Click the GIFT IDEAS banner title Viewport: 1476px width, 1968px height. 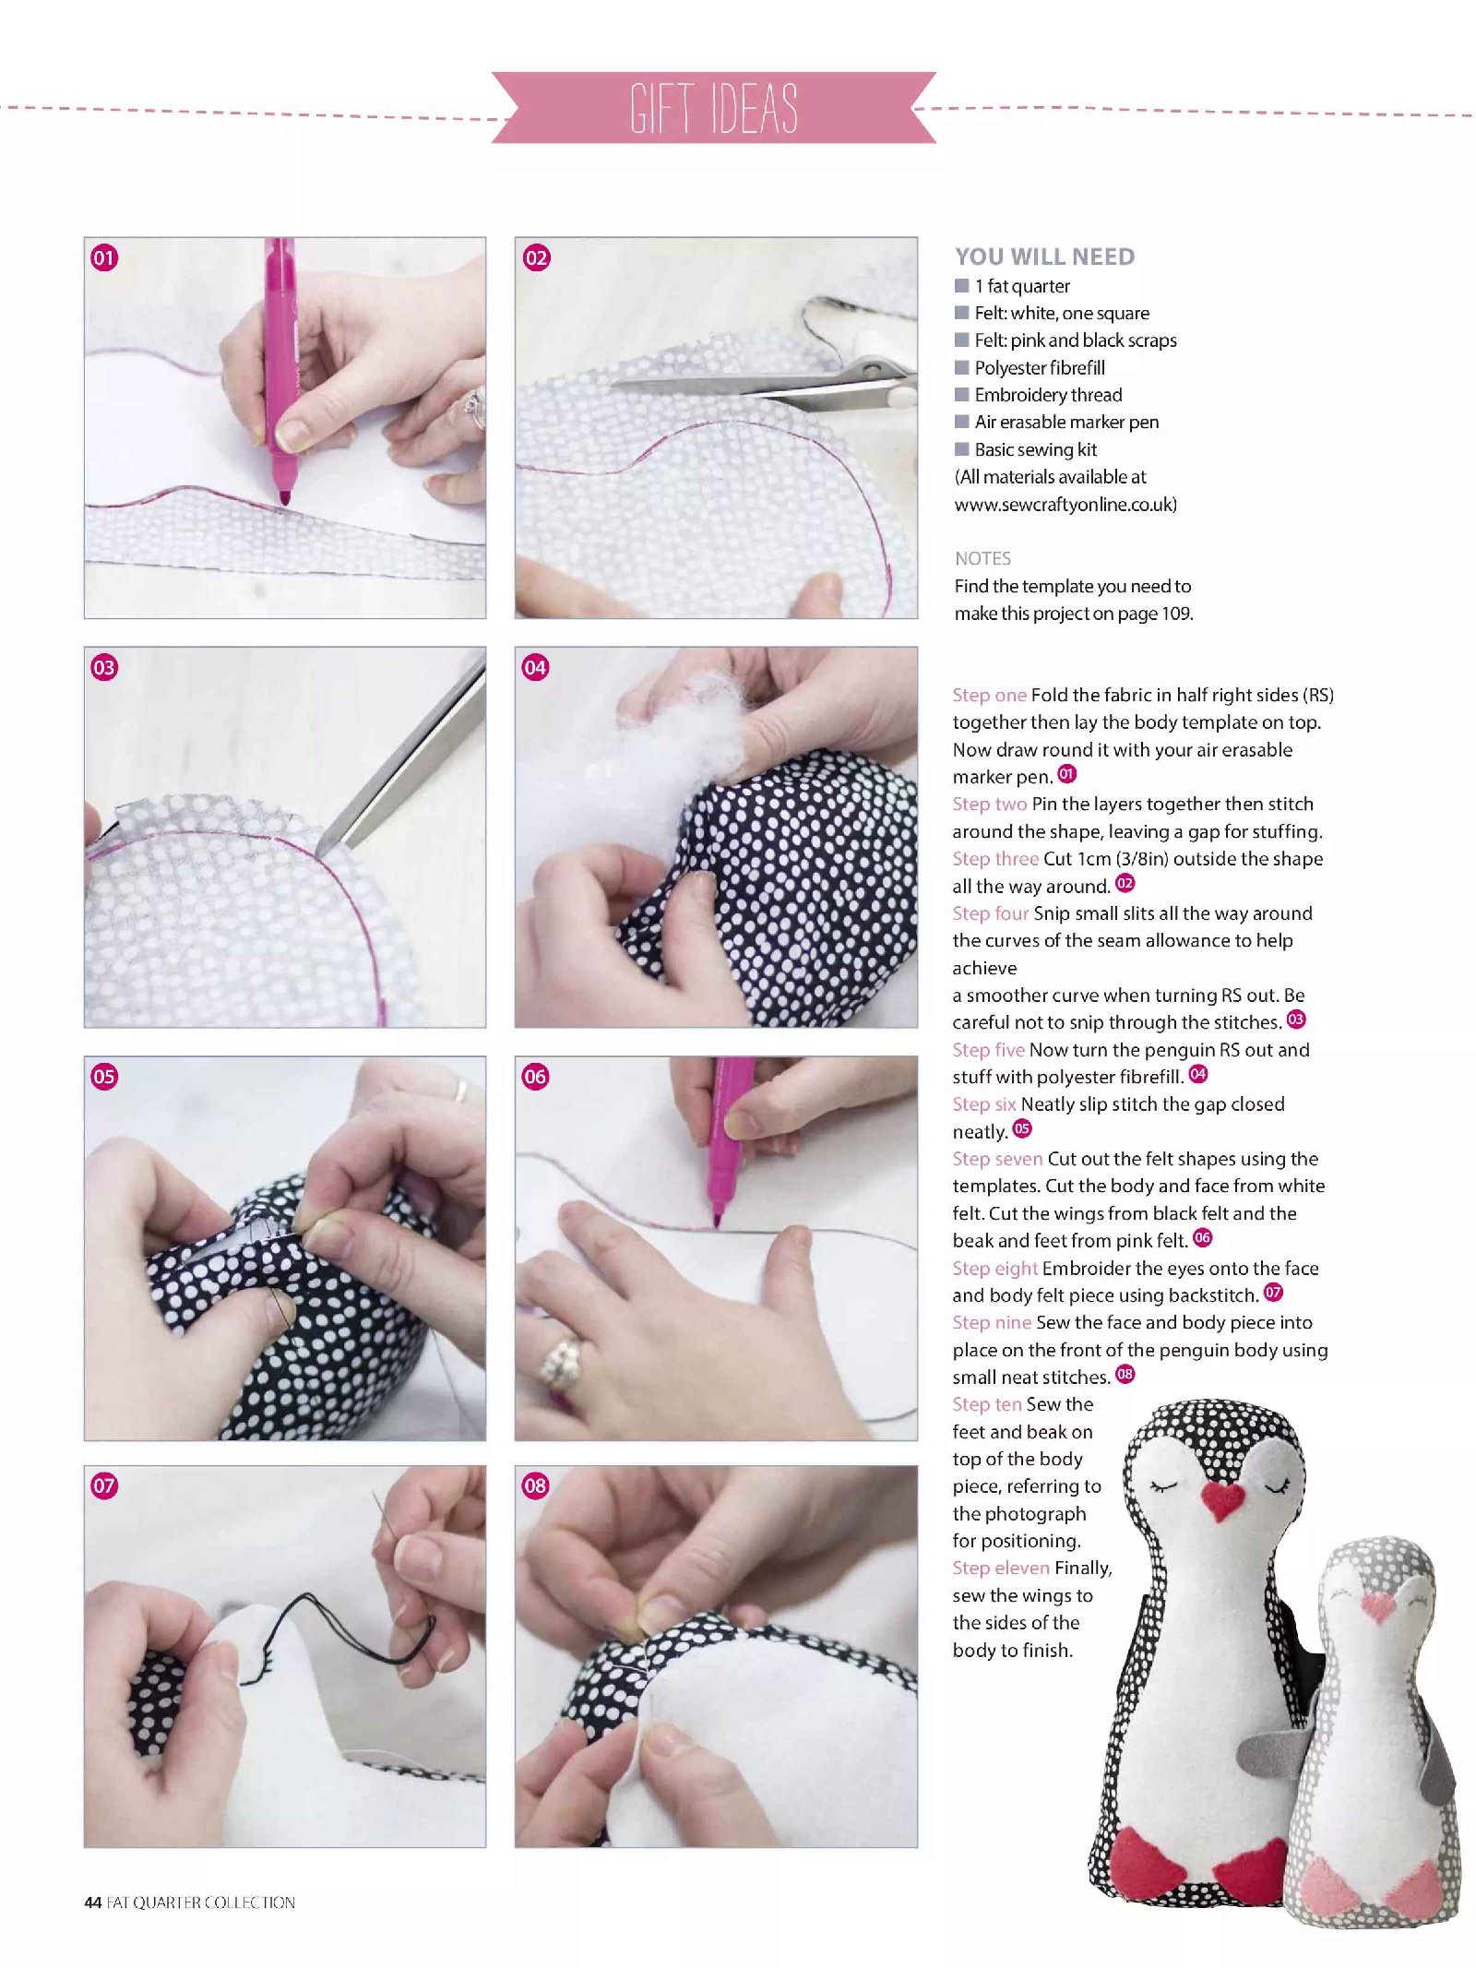coord(714,108)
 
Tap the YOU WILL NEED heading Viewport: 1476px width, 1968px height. coord(1044,256)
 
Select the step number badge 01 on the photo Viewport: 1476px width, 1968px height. coord(104,257)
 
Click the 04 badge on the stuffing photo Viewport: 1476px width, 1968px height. coord(535,667)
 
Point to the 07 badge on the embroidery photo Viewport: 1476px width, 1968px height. coord(104,1485)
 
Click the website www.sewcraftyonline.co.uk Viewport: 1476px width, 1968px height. coord(1065,505)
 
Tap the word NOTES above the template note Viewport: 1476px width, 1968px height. coord(982,558)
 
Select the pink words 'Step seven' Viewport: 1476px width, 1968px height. coord(997,1159)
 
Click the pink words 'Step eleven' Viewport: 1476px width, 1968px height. coord(1001,1568)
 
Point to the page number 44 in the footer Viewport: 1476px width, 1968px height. coord(92,1902)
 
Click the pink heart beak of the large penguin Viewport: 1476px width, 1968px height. coord(1223,1501)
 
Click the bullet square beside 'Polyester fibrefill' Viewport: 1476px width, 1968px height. coord(962,367)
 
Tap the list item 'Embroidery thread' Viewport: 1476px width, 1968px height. coord(1048,395)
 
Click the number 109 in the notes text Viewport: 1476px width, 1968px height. coord(1175,614)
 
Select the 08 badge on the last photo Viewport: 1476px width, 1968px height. coord(535,1485)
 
